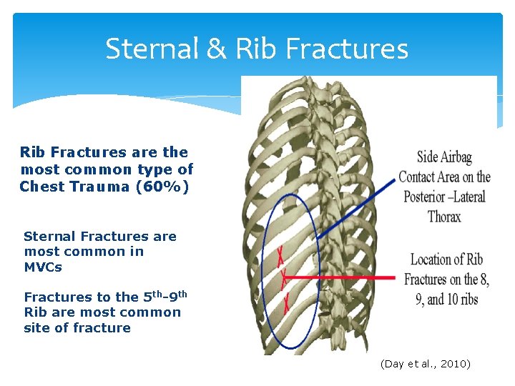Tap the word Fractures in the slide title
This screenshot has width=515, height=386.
[x=347, y=49]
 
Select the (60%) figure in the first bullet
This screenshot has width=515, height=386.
[x=167, y=187]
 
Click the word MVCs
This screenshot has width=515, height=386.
[x=43, y=267]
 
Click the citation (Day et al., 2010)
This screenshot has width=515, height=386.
[x=426, y=364]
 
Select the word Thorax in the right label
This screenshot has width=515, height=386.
[x=444, y=216]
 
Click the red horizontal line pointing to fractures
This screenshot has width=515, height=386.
[x=343, y=277]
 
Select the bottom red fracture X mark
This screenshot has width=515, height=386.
[x=287, y=303]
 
